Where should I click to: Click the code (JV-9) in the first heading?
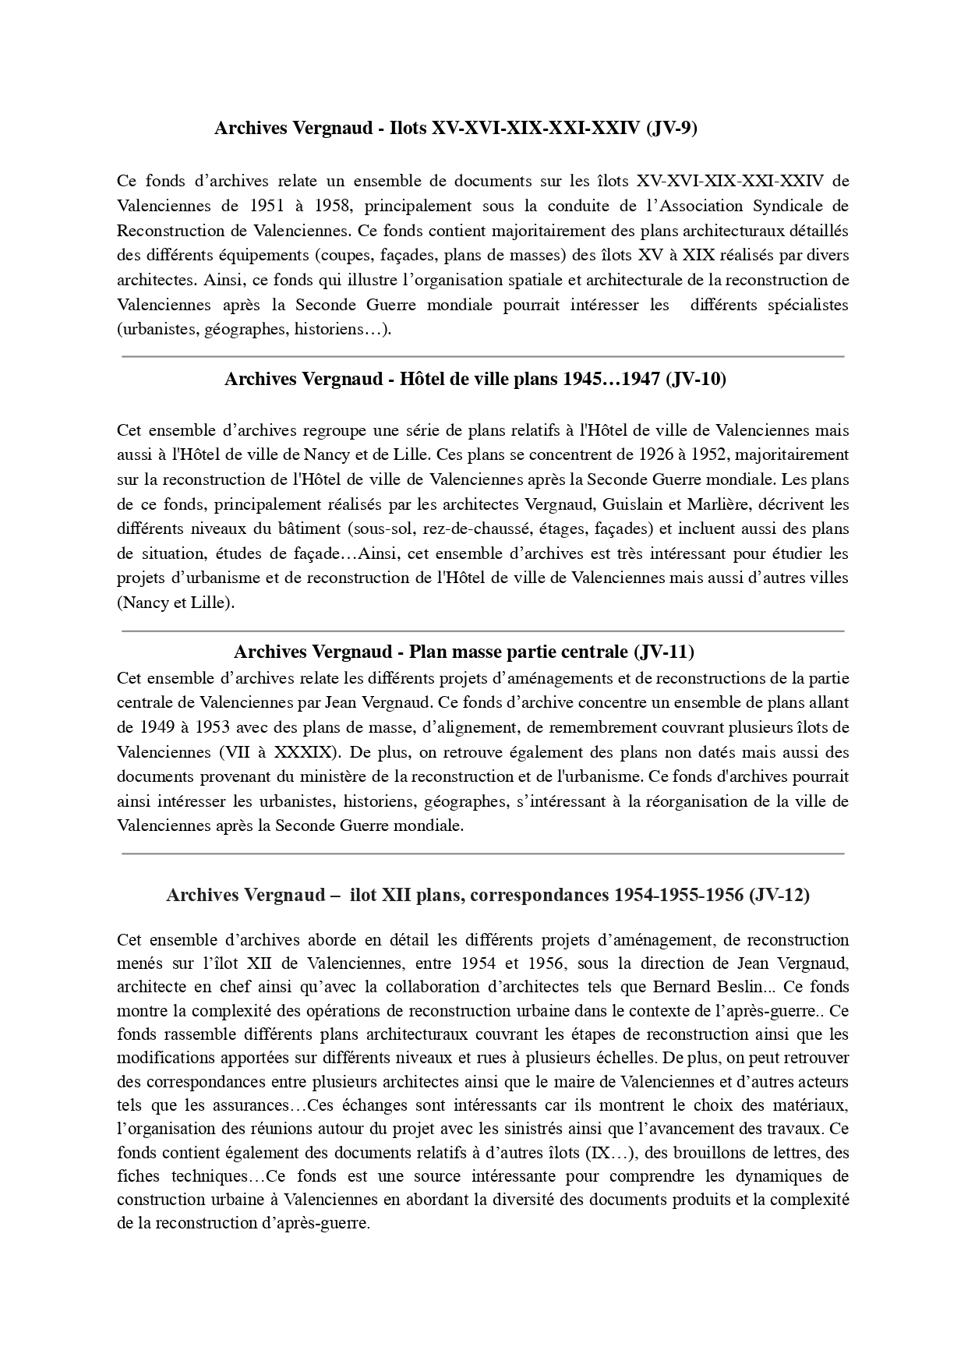coord(672,129)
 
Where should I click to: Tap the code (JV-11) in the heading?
coord(664,651)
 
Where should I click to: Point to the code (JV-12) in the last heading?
coord(779,895)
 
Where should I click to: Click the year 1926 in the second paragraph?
coord(655,454)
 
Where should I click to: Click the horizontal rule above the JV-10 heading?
coord(483,356)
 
